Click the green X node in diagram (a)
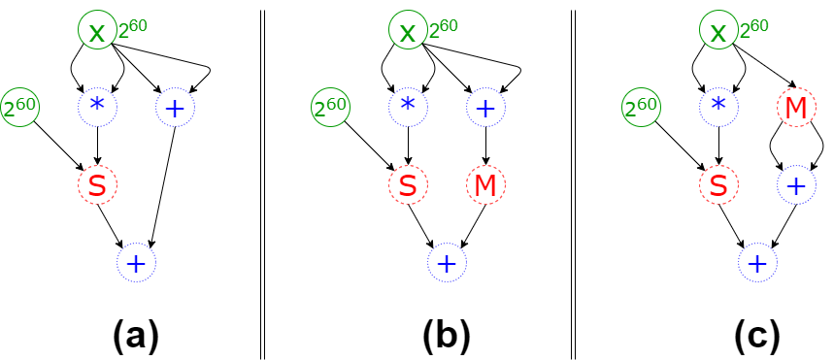click(x=96, y=32)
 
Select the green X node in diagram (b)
click(x=408, y=32)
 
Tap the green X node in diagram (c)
click(x=718, y=32)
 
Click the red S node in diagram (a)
click(x=97, y=184)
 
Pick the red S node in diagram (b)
click(x=408, y=184)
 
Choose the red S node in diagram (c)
click(x=718, y=184)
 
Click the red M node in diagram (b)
click(x=485, y=184)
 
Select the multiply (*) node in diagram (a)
click(x=97, y=108)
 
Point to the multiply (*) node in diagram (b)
click(x=408, y=108)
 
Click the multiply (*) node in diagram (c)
click(x=718, y=108)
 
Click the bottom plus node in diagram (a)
click(x=136, y=262)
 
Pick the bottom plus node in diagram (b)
click(x=447, y=262)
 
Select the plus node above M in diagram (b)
click(x=485, y=108)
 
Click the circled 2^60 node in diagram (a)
click(x=19, y=108)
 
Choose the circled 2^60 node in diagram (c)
click(x=642, y=108)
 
